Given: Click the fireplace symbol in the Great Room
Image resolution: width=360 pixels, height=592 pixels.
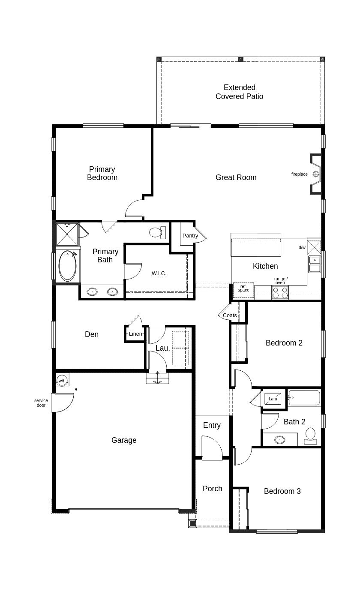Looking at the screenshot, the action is (316, 174).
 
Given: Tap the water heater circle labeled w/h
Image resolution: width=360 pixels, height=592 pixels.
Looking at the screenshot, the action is (62, 381).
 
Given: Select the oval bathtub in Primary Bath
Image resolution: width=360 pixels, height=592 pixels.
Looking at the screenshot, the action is (67, 266).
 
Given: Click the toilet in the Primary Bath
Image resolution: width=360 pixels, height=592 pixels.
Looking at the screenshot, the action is (158, 233).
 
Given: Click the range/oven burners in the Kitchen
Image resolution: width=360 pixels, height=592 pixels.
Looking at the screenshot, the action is (280, 292).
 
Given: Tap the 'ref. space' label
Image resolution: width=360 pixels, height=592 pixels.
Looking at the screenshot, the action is (243, 288).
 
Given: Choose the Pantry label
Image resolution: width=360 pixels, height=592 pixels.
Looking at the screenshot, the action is (190, 235).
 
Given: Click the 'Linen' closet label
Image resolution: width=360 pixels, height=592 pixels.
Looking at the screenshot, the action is (135, 334).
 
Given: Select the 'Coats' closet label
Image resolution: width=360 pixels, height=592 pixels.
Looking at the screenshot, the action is (230, 316).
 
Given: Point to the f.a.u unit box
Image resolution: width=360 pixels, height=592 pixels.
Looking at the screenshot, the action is (273, 399).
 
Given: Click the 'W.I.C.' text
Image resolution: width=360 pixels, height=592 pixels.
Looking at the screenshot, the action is (159, 273).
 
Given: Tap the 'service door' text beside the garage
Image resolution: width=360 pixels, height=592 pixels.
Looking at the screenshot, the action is (41, 403).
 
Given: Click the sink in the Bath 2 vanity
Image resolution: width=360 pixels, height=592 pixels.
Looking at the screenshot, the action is (280, 440).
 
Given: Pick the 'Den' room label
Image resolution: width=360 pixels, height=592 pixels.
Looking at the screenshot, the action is (92, 334).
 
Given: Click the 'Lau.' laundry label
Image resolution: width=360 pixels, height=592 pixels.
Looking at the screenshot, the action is (162, 348).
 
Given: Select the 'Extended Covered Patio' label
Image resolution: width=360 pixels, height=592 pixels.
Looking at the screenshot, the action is (240, 92).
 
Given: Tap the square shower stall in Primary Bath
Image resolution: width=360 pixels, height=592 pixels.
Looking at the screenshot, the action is (67, 234).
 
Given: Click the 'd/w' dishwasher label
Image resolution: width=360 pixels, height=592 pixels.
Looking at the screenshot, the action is (302, 248).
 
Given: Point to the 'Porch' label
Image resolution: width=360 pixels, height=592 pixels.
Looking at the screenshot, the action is (213, 489).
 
